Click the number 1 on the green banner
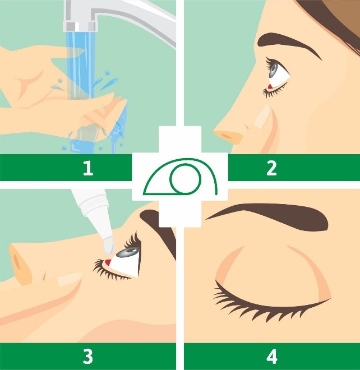[x=88, y=168]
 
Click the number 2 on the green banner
[x=271, y=168]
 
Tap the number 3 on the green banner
[x=88, y=356]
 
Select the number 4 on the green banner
[x=271, y=356]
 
